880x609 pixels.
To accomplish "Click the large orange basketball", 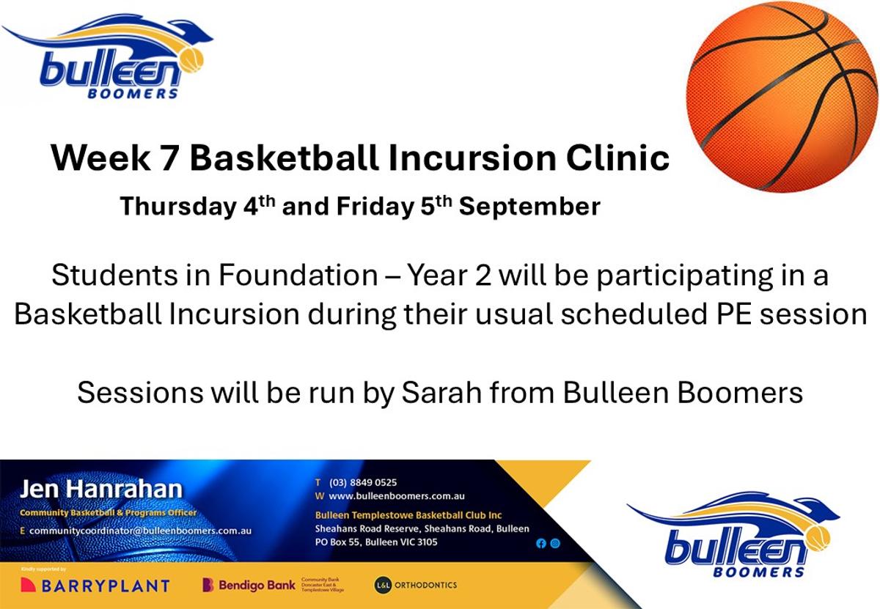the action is click(x=782, y=97).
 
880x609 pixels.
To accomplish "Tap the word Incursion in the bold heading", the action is click(x=472, y=158).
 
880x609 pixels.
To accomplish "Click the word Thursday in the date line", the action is click(x=179, y=207).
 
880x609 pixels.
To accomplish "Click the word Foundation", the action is click(x=298, y=275).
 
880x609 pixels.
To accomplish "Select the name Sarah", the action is click(x=441, y=392).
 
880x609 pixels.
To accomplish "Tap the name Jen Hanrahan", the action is click(x=101, y=490).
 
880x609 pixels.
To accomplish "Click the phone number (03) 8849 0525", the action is click(x=363, y=482).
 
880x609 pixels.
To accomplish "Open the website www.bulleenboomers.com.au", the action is click(x=397, y=496).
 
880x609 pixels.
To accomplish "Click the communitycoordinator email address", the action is click(x=140, y=531).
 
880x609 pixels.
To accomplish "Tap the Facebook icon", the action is click(x=541, y=544).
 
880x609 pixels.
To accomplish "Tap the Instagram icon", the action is click(x=555, y=544).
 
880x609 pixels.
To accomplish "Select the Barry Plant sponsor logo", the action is click(x=95, y=586).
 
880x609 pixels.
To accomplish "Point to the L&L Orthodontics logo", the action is click(x=416, y=585).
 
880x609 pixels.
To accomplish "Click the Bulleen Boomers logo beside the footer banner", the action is click(x=733, y=534).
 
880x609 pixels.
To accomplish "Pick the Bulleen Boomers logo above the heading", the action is click(x=107, y=56).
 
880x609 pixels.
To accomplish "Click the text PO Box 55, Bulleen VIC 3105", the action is click(x=376, y=542).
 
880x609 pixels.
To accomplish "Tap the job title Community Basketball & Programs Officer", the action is click(x=108, y=513).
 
